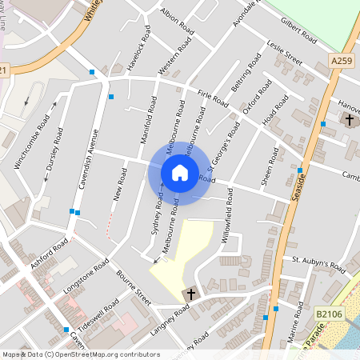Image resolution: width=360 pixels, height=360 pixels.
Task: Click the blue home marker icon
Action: [179, 172]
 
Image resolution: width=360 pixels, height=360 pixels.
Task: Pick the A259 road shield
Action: [341, 60]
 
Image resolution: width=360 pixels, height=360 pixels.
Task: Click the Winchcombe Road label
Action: [32, 142]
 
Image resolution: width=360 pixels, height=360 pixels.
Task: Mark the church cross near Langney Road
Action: [190, 294]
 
